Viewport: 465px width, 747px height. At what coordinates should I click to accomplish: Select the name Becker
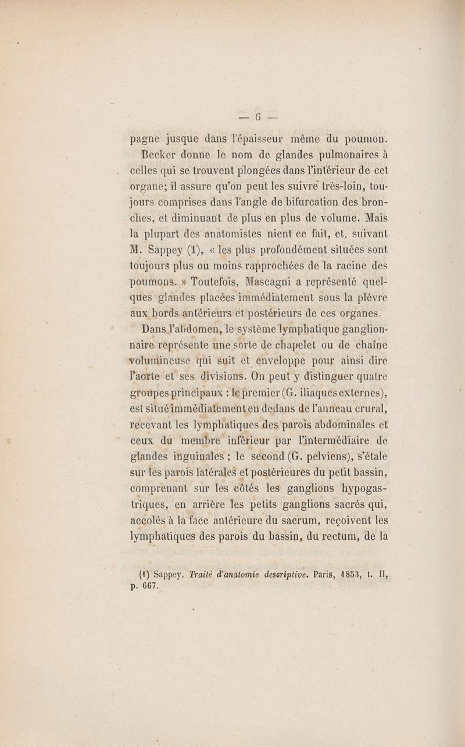tap(156, 155)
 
